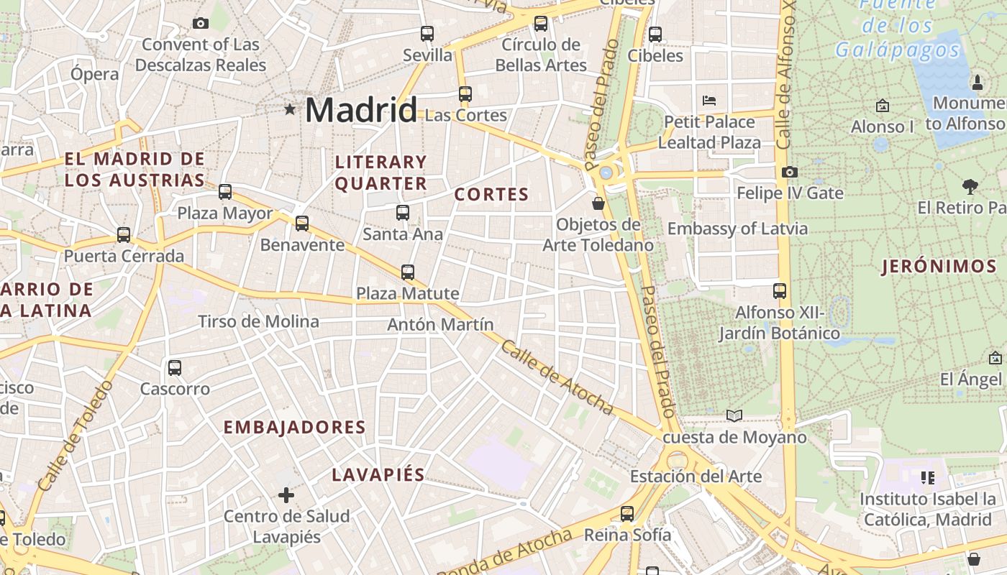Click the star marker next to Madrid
click(x=290, y=109)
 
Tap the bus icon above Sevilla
click(x=427, y=33)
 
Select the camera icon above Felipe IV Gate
click(x=789, y=172)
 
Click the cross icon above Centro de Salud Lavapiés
click(x=286, y=494)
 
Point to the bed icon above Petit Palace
click(x=709, y=100)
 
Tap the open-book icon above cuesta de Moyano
click(x=734, y=415)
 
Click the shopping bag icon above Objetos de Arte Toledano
click(x=598, y=203)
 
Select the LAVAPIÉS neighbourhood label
click(x=378, y=475)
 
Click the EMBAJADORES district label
click(x=294, y=428)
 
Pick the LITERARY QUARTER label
click(x=381, y=172)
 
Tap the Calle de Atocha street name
click(x=557, y=378)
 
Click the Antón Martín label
click(x=440, y=324)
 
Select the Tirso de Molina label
click(x=258, y=321)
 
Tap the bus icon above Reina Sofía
click(x=627, y=513)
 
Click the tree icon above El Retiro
click(x=970, y=187)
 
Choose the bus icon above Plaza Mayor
click(x=225, y=192)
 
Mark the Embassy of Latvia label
click(x=737, y=229)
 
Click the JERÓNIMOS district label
click(x=939, y=267)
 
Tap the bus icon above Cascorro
click(x=175, y=368)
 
